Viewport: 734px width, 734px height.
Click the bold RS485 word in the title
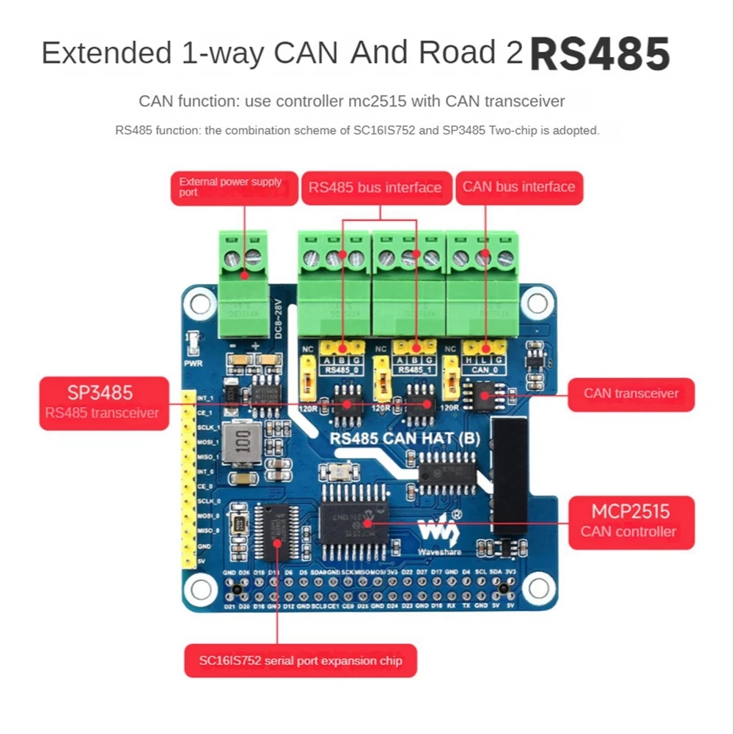click(x=599, y=55)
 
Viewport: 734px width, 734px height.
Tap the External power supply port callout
click(x=235, y=188)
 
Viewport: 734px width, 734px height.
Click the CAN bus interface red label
click(x=518, y=187)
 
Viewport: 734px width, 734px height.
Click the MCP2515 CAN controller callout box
click(x=631, y=520)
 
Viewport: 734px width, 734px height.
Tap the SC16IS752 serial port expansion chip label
click(x=301, y=661)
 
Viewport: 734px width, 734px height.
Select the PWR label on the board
click(x=194, y=362)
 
